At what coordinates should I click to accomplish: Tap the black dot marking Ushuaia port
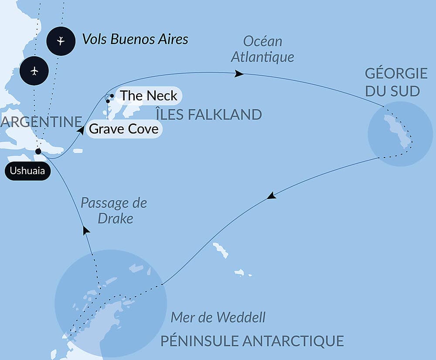coord(38,151)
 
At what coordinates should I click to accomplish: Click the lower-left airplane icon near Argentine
coord(34,70)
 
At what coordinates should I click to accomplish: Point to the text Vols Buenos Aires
coord(135,39)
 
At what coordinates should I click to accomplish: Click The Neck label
coord(148,96)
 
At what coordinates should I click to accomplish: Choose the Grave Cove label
coord(124,129)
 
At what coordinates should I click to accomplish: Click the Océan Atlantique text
coord(263,49)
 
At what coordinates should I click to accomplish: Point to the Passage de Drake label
coord(114,210)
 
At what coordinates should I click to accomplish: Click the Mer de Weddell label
coord(218,317)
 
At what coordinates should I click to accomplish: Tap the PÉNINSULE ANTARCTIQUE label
coord(252,341)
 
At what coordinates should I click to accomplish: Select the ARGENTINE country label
coord(41,122)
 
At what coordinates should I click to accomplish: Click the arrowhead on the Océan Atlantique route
coord(239,74)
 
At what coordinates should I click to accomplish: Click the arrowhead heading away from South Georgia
coord(272,196)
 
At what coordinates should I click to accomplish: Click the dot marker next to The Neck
coord(112,96)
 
